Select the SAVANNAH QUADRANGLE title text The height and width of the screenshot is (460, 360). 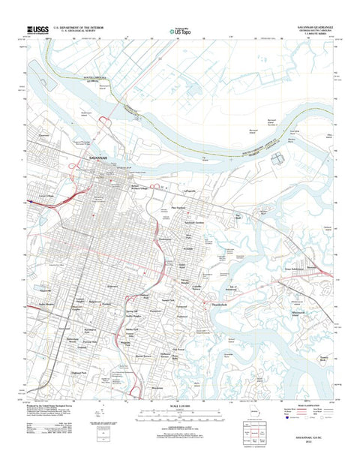pyautogui.click(x=309, y=26)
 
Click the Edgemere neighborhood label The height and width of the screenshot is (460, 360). pyautogui.click(x=113, y=286)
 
